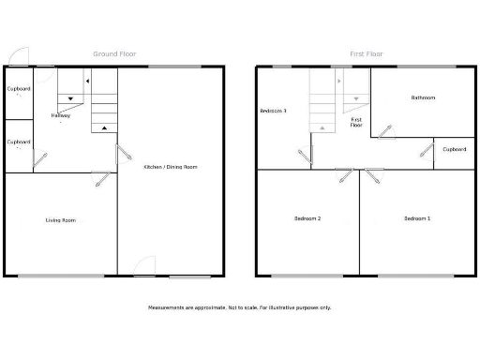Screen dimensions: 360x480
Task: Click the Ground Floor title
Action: pyautogui.click(x=114, y=54)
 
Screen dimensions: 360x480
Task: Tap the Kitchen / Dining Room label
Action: pyautogui.click(x=171, y=167)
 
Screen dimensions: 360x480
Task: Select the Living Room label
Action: pyautogui.click(x=61, y=220)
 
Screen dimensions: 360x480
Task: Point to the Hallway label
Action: pyautogui.click(x=61, y=115)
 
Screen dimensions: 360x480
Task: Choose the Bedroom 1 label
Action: pyautogui.click(x=417, y=218)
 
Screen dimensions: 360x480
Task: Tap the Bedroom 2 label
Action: pyautogui.click(x=307, y=218)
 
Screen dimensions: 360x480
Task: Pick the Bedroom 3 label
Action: pyautogui.click(x=273, y=111)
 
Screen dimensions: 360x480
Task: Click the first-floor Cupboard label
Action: pyautogui.click(x=455, y=149)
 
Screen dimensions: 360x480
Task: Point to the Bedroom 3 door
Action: pyautogui.click(x=304, y=156)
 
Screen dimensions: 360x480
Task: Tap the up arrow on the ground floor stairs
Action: pyautogui.click(x=104, y=127)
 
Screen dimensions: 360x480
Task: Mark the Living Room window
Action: pyautogui.click(x=61, y=276)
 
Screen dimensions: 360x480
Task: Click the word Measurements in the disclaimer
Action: pyautogui.click(x=167, y=307)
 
